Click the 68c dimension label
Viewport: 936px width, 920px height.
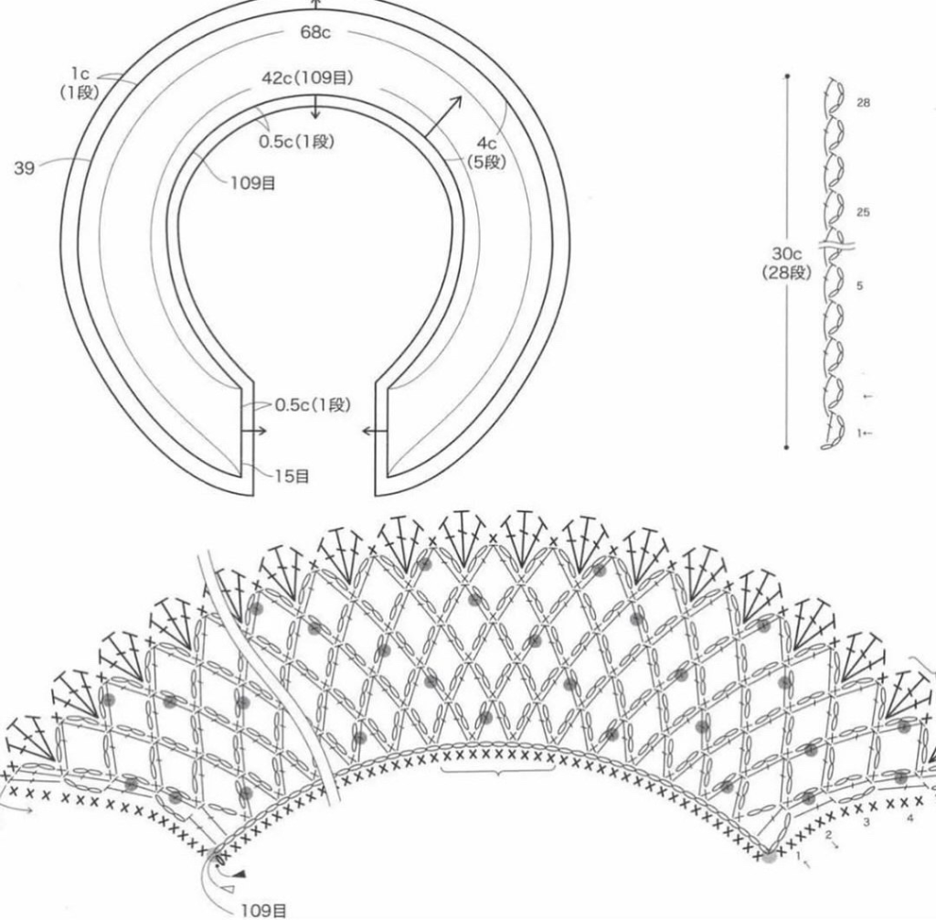tap(315, 32)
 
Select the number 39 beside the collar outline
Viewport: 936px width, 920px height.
tap(24, 168)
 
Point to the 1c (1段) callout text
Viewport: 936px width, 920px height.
tap(79, 83)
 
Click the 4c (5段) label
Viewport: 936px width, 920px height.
tap(486, 153)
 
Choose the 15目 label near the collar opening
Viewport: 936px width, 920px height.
tap(292, 476)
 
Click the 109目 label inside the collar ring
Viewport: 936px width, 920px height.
tap(253, 183)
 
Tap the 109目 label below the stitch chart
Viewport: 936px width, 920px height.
tap(263, 911)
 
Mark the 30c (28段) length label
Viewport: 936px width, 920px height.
tap(787, 263)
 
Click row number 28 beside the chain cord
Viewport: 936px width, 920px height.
tap(863, 102)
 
